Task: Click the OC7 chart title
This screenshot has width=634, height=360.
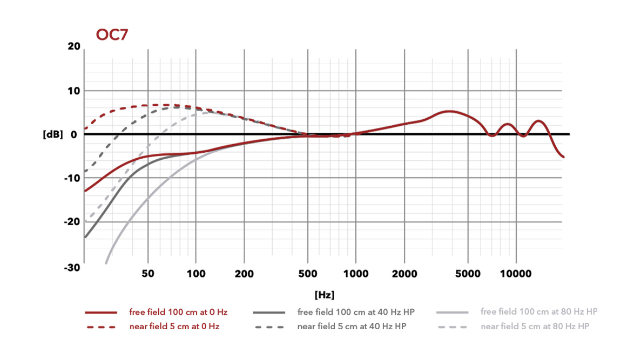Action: tap(112, 35)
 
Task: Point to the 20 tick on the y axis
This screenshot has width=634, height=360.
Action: tap(74, 47)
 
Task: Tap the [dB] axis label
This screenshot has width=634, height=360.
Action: tap(53, 134)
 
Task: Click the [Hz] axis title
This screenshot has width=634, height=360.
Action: tap(324, 295)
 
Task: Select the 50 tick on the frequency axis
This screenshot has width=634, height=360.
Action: tap(148, 274)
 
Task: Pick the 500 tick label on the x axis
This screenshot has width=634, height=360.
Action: tap(308, 274)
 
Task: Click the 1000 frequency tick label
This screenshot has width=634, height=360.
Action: tap(356, 274)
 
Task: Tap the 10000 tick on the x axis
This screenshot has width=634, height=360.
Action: tap(516, 274)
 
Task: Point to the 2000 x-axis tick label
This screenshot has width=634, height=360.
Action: tap(403, 274)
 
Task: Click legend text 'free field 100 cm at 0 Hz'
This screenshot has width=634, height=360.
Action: tap(178, 312)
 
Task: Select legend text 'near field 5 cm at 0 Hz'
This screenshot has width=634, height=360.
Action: tap(174, 326)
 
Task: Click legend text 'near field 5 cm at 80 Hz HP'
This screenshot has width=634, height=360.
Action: tap(535, 326)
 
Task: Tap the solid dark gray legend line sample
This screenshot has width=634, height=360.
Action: tap(268, 313)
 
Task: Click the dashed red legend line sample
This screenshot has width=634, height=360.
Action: tap(101, 327)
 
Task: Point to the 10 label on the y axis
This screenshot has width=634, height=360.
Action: tap(74, 91)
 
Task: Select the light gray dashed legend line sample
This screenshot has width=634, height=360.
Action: tap(453, 327)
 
